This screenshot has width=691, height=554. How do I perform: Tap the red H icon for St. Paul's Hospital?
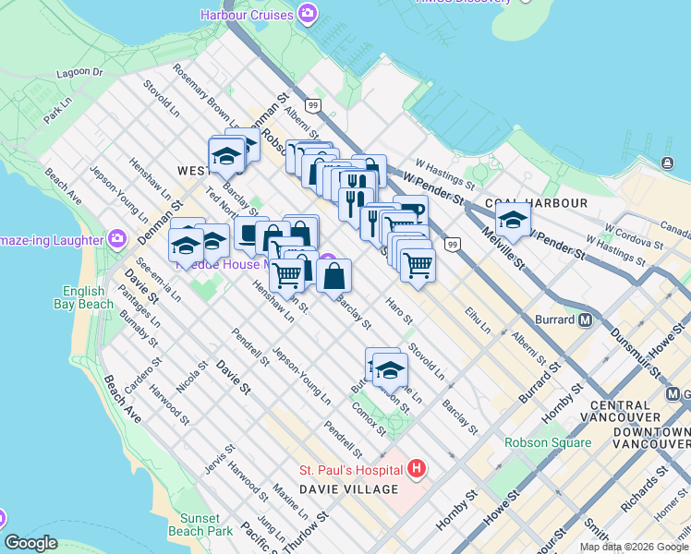416,469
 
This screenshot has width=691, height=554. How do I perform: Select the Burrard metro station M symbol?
585,321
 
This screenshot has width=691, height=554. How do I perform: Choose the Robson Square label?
548,442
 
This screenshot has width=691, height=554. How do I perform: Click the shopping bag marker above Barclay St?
333,275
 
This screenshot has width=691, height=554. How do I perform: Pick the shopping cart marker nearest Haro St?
418,266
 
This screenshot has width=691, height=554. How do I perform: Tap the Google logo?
30,543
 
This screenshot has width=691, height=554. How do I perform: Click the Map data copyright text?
634,547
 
